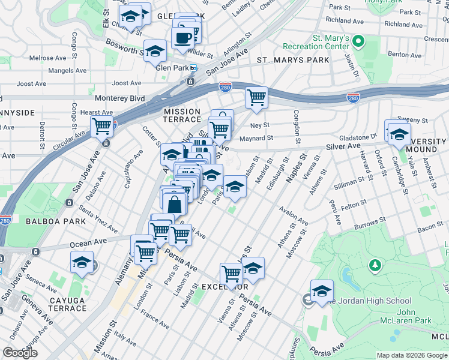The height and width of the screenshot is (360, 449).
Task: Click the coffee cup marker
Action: coord(183,37)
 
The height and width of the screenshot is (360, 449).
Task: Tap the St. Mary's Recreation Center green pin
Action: coord(359,41)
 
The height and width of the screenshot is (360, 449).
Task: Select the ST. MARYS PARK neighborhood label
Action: coord(293,60)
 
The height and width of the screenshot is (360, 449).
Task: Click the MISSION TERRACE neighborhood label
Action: coord(182,115)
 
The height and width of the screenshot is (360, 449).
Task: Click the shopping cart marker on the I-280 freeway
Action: coord(256,97)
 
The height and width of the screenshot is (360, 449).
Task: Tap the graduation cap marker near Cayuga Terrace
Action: coord(82,262)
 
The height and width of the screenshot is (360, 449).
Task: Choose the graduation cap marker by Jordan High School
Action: coord(322,290)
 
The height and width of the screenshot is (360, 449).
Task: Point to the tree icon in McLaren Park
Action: coord(375,265)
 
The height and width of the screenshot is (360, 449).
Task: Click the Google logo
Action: coord(20,353)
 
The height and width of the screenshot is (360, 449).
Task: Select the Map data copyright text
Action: coord(411,355)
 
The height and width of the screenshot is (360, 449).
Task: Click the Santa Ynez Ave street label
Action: coord(98,220)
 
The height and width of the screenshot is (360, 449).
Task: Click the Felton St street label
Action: coord(354,206)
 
